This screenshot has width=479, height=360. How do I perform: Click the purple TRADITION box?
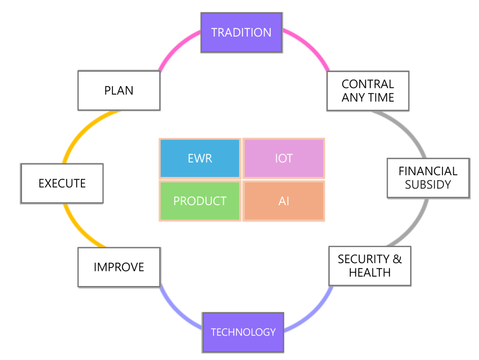coord(241,32)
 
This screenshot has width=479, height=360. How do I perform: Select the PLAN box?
coord(119,90)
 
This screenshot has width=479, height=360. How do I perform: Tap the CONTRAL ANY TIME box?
coord(368,91)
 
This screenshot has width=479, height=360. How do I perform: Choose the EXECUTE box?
coord(62,183)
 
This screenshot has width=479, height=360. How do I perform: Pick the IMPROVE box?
coord(119,267)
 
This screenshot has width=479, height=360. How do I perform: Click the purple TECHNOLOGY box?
coord(243,332)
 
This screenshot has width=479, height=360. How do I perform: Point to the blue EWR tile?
coord(200,158)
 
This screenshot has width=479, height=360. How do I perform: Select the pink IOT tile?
coord(284,158)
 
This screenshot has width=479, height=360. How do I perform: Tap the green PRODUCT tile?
coord(200,201)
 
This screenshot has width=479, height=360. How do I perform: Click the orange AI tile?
coord(284,201)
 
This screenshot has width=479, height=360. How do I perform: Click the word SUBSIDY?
coord(428,184)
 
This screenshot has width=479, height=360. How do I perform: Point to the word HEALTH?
coord(370,272)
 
